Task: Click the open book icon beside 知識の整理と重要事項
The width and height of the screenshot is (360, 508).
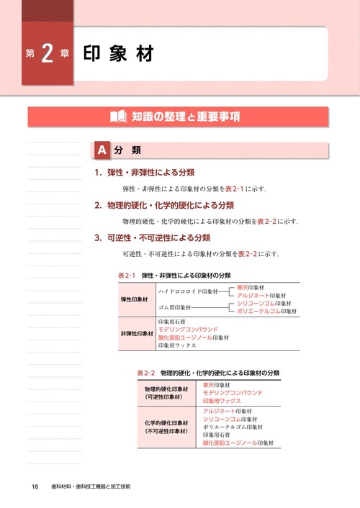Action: tap(118, 116)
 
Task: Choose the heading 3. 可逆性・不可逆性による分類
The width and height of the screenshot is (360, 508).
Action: tap(152, 237)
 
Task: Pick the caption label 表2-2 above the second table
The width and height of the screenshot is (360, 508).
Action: tap(145, 373)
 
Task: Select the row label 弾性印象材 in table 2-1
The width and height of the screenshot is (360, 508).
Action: tap(136, 298)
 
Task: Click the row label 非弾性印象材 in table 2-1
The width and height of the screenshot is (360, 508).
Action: tap(137, 333)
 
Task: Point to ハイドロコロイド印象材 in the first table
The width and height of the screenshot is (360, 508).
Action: tap(189, 291)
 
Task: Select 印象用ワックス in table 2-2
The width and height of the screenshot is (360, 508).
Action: tap(225, 400)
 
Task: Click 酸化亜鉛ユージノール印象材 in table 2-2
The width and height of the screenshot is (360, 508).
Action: tap(238, 443)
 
